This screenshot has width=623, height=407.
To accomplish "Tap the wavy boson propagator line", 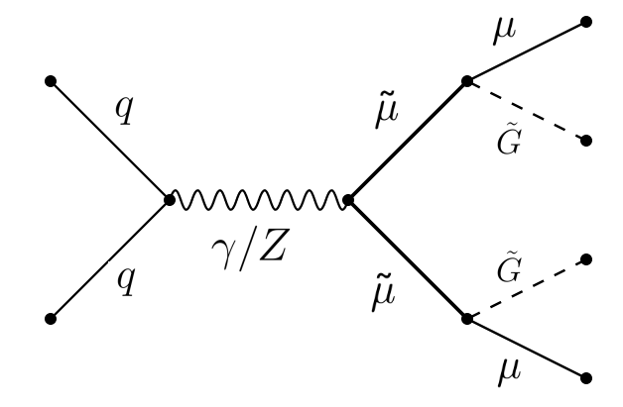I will pos(258,200).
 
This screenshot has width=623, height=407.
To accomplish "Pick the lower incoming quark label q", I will pos(123,285).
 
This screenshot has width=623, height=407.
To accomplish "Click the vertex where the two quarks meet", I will pos(170,200).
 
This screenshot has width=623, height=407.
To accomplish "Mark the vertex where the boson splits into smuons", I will pos(347,200).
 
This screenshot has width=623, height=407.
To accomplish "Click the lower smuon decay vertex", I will pos(466,319).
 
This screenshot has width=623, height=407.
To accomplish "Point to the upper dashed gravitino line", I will pos(526,111).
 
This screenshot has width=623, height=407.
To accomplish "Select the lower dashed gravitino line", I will pos(526,289).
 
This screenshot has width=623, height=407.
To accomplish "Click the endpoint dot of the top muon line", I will pos(586,22).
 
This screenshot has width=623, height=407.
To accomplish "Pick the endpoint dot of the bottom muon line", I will pos(586,377).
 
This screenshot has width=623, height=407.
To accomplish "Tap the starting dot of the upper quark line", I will pos(51,81).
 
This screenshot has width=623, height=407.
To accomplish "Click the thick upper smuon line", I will pos(407,141).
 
